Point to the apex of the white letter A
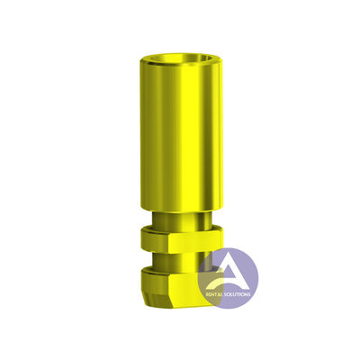229,253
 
